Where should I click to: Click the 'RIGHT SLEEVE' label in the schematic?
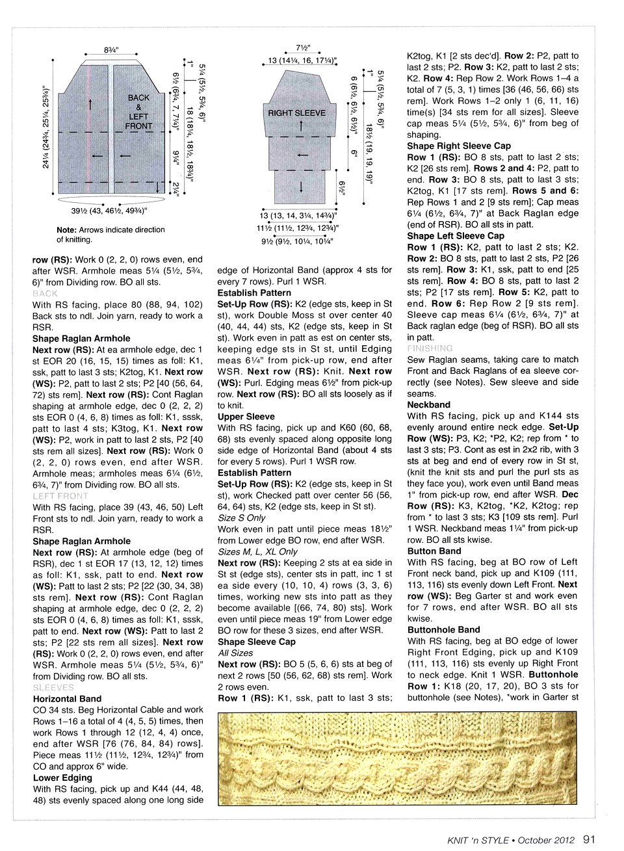(x=296, y=113)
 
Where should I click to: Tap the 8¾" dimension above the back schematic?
(x=111, y=50)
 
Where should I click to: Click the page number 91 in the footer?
(x=590, y=839)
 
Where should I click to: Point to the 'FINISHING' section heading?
(x=430, y=348)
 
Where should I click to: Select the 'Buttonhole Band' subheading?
(x=443, y=629)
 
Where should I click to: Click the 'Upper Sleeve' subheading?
(x=246, y=417)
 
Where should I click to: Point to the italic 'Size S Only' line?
(x=242, y=517)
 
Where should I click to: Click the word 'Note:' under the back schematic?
(x=67, y=229)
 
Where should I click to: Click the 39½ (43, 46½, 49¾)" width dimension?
(x=109, y=211)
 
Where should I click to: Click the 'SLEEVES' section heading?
(x=53, y=687)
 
